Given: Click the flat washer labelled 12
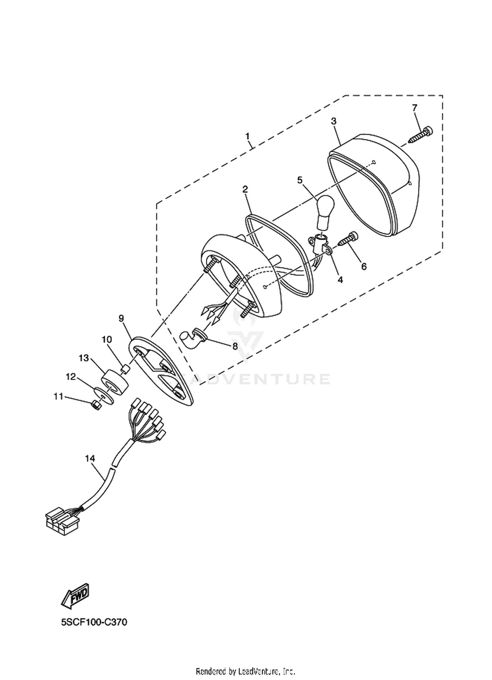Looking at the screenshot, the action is click(104, 396).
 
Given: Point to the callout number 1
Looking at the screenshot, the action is click(248, 136).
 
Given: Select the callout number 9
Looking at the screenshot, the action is click(121, 318).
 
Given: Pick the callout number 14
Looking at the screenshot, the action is click(90, 458).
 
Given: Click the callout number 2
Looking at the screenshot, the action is click(245, 189).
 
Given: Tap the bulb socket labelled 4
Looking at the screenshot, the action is click(320, 244).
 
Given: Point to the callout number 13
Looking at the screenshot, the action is click(84, 358).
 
